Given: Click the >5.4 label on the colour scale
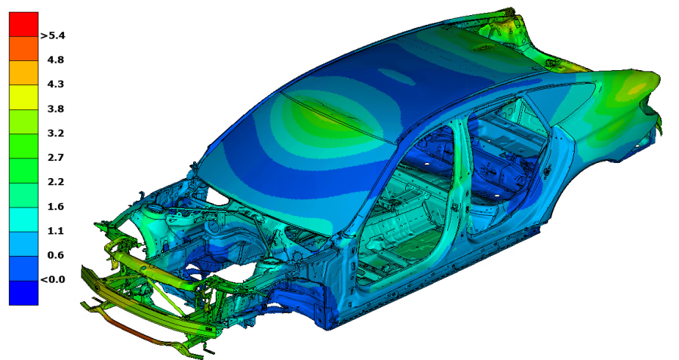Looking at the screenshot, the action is point(52,35).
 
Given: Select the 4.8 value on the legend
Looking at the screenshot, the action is point(56,60).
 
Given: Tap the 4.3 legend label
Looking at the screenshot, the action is point(56,84).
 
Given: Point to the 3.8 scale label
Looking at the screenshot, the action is point(56,109).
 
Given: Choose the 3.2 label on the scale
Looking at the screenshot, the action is point(56,133).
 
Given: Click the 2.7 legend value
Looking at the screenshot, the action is point(56,157).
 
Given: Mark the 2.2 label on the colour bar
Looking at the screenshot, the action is point(56,182).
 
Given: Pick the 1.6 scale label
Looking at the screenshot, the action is point(56,206).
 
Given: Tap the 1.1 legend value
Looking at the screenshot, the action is point(56,230).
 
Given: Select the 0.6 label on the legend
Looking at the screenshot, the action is point(56,255).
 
